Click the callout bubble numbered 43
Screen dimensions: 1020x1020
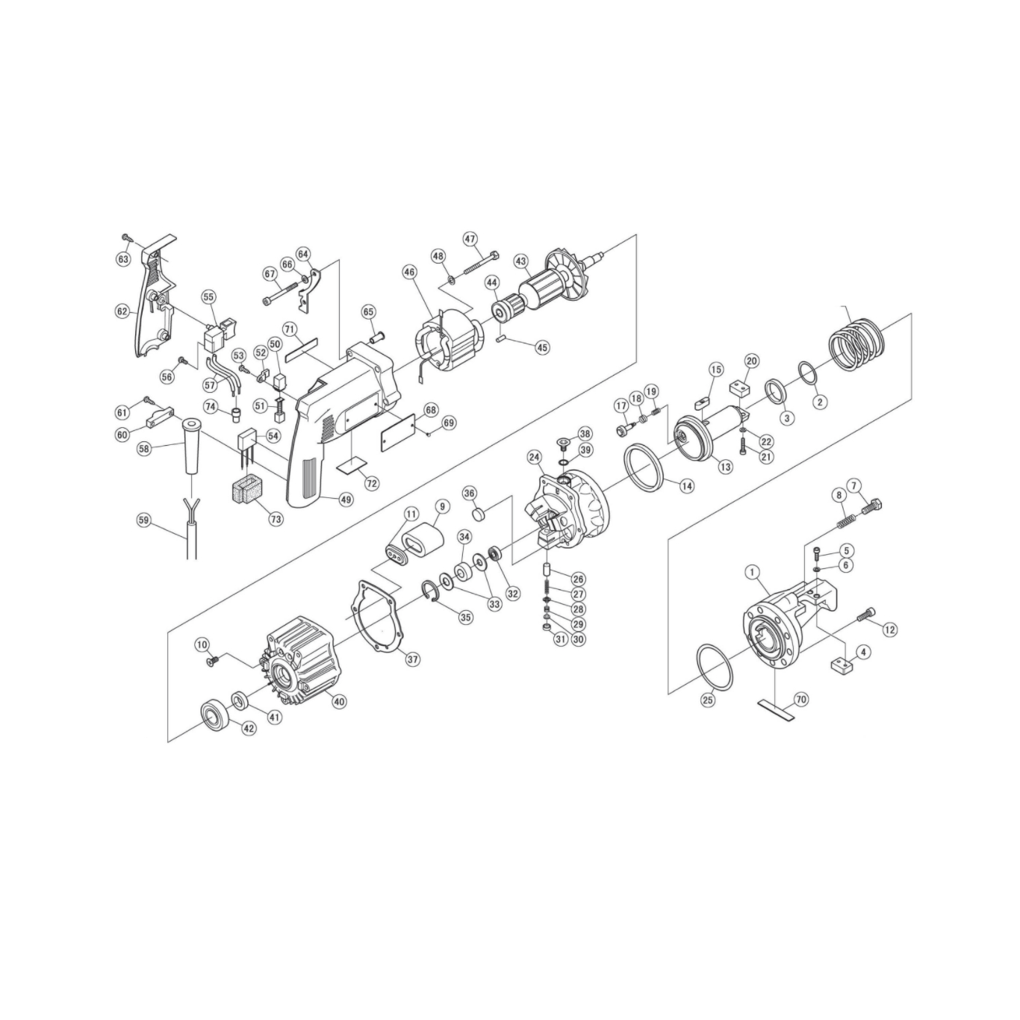[521, 261]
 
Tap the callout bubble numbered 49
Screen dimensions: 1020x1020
[347, 499]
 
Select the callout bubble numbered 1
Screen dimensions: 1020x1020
[752, 572]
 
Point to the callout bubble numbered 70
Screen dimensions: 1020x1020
[801, 700]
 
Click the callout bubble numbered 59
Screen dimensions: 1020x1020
[143, 520]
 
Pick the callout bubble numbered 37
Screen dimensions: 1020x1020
[413, 659]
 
